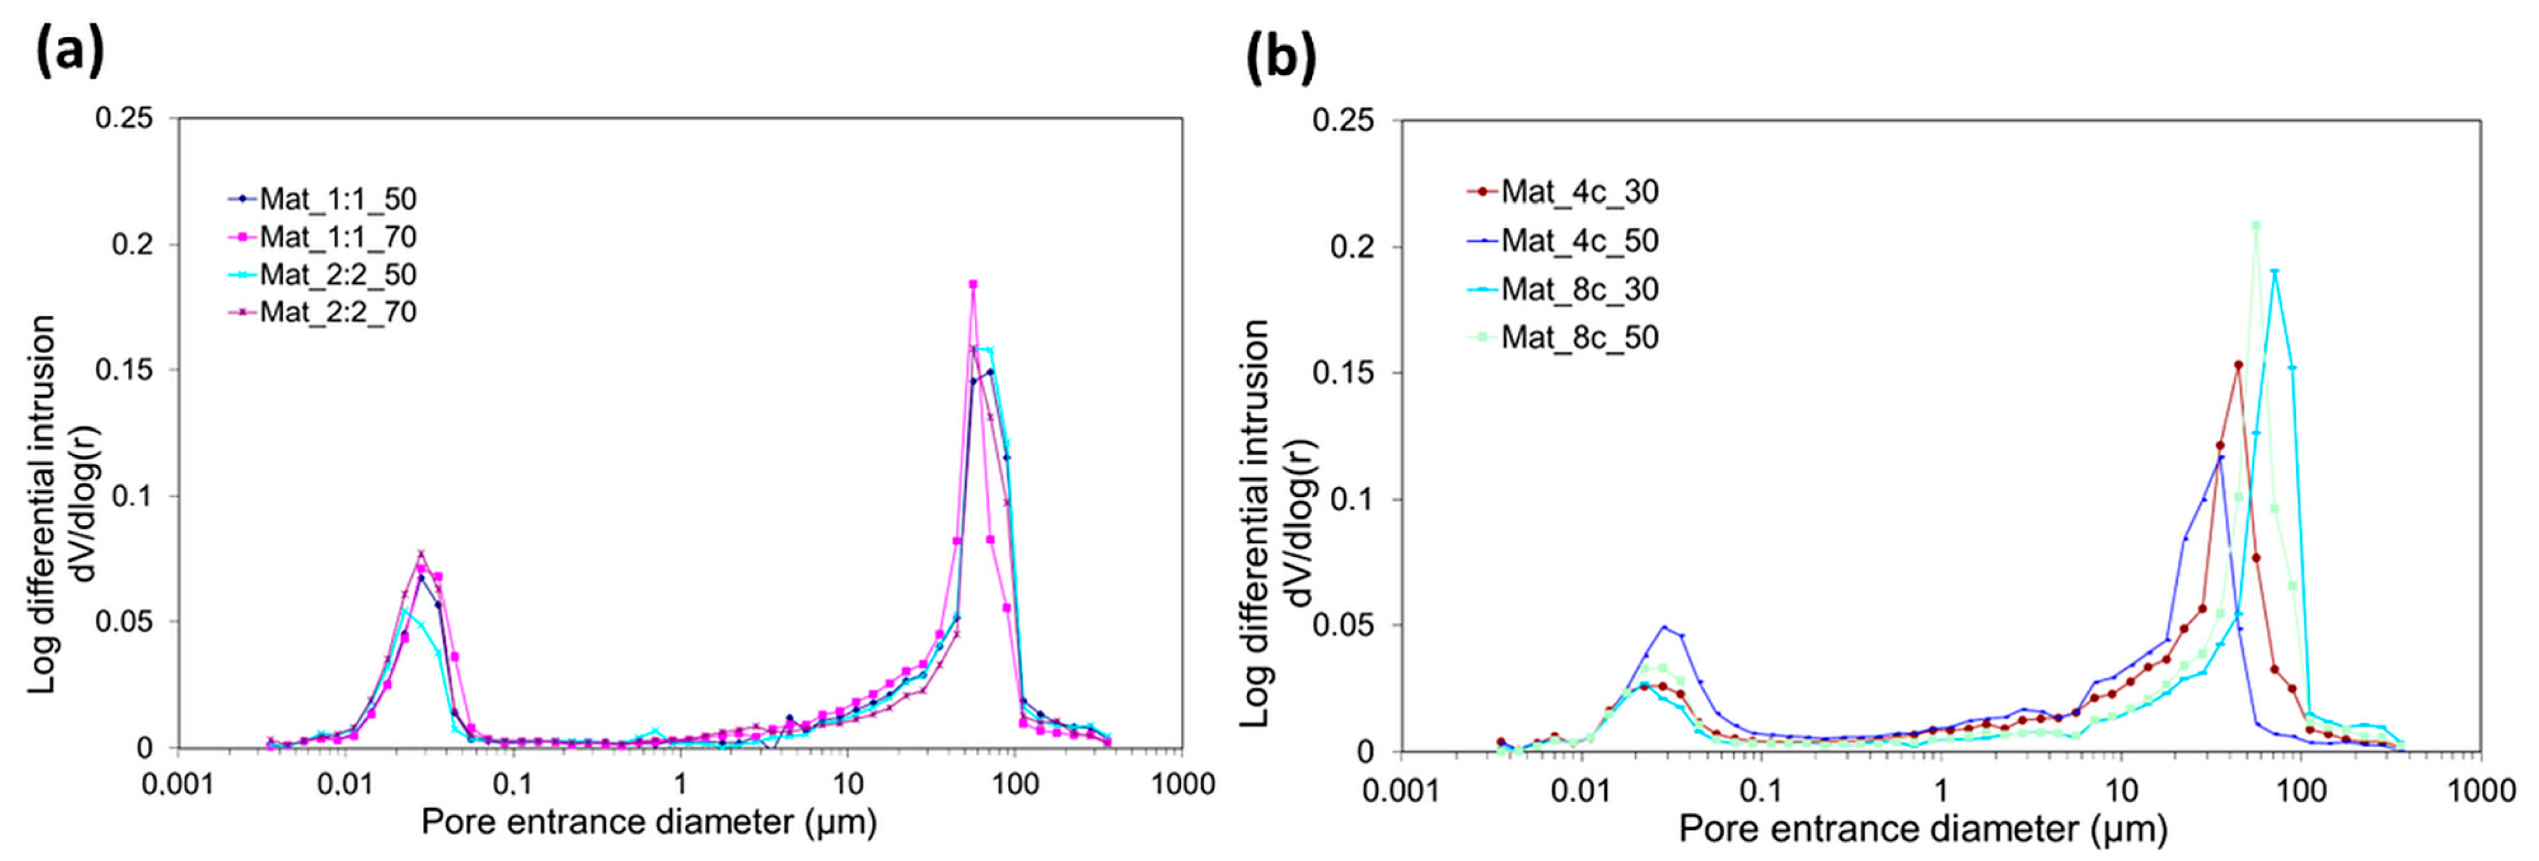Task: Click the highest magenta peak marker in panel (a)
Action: coord(973,284)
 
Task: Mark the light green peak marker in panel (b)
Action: coord(2255,225)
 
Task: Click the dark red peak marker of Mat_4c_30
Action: coord(2238,365)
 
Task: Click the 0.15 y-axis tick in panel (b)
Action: coord(1342,373)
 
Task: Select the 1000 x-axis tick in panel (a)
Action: coord(1182,784)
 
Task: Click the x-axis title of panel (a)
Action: coord(649,822)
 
